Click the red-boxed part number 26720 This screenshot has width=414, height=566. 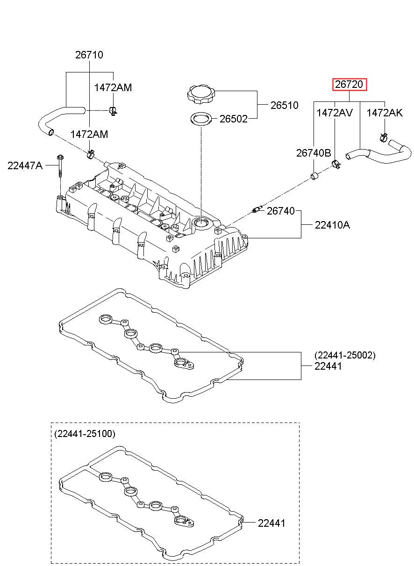(x=349, y=84)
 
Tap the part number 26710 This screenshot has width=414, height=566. (x=89, y=55)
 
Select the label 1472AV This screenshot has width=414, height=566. (x=335, y=113)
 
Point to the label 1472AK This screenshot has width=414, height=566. (x=385, y=113)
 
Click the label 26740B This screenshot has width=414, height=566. (x=314, y=153)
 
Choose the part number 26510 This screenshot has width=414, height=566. (x=285, y=105)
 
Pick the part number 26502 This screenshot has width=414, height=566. (x=234, y=119)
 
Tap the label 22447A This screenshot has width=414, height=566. (x=25, y=166)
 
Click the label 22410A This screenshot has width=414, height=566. (x=332, y=225)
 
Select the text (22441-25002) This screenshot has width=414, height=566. (x=345, y=355)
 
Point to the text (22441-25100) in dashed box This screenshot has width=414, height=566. (x=85, y=434)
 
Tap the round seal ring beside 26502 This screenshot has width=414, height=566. (x=201, y=119)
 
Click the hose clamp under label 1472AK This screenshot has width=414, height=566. (x=384, y=138)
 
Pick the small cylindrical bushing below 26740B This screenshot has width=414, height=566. (x=314, y=176)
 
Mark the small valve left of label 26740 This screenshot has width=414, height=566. (x=257, y=209)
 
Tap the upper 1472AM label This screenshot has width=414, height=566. (x=113, y=88)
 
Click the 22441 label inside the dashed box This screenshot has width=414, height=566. (x=271, y=523)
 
